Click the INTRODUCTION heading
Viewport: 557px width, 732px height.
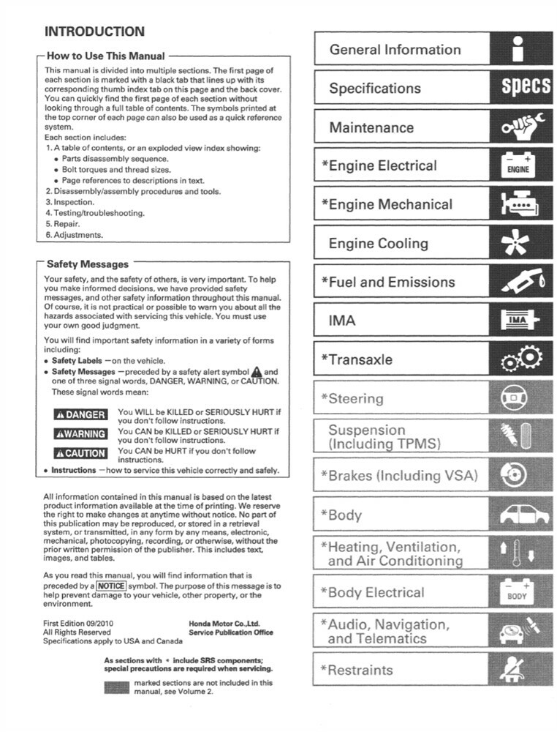pos(94,31)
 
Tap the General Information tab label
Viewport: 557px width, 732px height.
pos(395,50)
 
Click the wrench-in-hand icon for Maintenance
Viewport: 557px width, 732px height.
pos(523,127)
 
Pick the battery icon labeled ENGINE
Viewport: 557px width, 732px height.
pos(518,165)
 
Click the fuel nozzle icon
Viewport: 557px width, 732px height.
pos(522,282)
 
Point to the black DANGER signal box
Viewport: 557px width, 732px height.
pos(81,414)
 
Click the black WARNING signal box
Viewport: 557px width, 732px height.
pos(81,433)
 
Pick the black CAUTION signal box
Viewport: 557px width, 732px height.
pos(81,453)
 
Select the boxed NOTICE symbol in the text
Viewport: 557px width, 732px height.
pos(112,587)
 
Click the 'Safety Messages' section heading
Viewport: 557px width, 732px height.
pos(87,264)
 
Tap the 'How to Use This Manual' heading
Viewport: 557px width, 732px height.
pos(105,56)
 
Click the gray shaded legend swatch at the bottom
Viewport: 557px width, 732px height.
pos(117,687)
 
